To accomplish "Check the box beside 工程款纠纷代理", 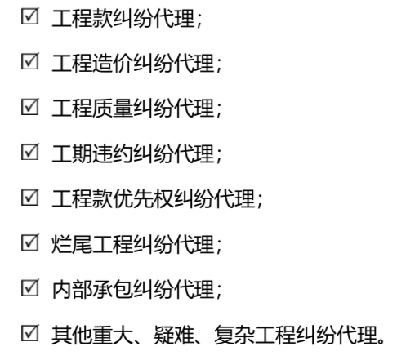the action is (30, 16).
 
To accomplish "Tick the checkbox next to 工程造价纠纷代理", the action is (30, 61).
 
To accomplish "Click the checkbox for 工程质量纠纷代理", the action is (30, 106).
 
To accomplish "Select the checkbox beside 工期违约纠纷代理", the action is (30, 152).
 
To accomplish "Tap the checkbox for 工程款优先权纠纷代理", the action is (30, 197).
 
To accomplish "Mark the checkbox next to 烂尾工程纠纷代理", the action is (30, 242).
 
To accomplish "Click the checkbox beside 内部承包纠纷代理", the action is (30, 287).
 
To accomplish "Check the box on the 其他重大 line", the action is (30, 333).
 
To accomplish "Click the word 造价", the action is (113, 63).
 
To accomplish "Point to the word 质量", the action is (113, 109).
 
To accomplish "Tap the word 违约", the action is (113, 153).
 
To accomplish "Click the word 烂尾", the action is (72, 244).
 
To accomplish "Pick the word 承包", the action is (113, 289).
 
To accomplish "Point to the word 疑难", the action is (174, 335).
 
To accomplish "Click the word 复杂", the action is (234, 335).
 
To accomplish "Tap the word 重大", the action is (113, 335).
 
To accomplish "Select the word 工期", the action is (72, 153).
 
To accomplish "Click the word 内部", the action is (72, 289).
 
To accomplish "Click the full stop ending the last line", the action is (381, 340).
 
